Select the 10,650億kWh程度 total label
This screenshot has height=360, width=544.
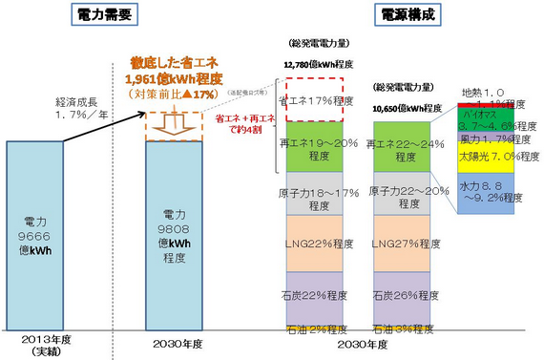(407, 109)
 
